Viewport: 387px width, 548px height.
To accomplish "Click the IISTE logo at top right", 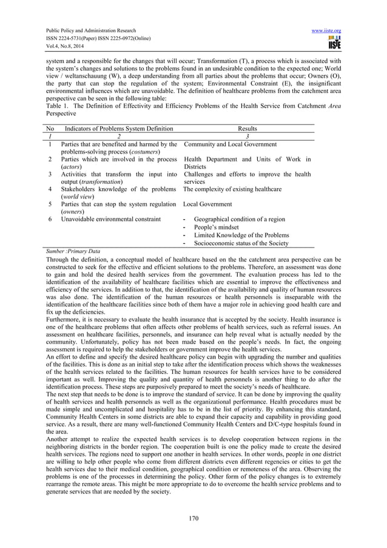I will click(x=334, y=43).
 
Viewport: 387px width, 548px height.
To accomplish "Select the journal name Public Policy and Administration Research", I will click(x=86, y=30).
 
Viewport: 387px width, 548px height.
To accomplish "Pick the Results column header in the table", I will click(x=247, y=129).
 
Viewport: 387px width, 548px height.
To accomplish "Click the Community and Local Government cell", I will click(x=230, y=144).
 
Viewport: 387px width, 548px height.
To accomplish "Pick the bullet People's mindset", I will click(x=217, y=227).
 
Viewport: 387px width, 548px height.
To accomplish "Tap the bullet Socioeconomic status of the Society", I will click(x=241, y=243).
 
